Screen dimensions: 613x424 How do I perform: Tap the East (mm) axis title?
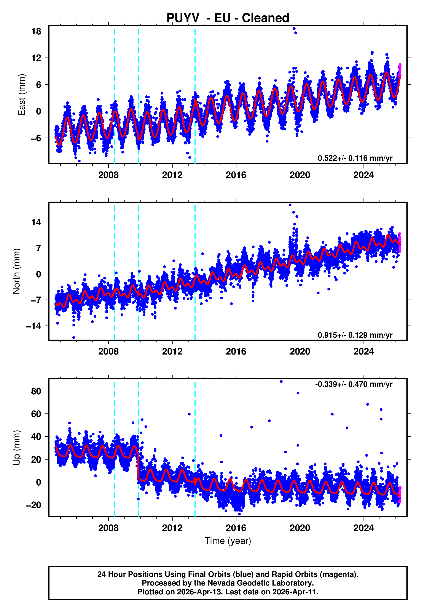click(x=21, y=95)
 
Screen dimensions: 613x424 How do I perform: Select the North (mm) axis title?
click(x=16, y=271)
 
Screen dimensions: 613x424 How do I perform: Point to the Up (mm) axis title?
click(x=16, y=448)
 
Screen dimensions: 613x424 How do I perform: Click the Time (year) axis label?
click(x=228, y=541)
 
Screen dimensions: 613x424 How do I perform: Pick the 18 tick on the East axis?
click(x=36, y=31)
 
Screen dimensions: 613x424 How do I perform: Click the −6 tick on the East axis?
click(x=36, y=138)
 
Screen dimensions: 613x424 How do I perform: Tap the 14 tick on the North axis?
click(x=36, y=222)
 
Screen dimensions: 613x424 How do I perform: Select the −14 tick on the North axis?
click(x=33, y=326)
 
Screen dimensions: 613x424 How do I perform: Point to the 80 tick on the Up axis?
click(x=36, y=391)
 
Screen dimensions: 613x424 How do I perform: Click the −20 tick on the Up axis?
click(x=33, y=505)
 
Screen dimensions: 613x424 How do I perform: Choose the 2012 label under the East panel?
click(x=172, y=175)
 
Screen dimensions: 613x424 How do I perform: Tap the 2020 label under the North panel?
click(x=300, y=352)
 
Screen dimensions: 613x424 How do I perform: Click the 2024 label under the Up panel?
click(x=363, y=528)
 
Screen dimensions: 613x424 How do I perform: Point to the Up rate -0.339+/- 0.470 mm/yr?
click(x=354, y=384)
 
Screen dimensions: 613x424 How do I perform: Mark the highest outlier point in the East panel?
click(x=294, y=28)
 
